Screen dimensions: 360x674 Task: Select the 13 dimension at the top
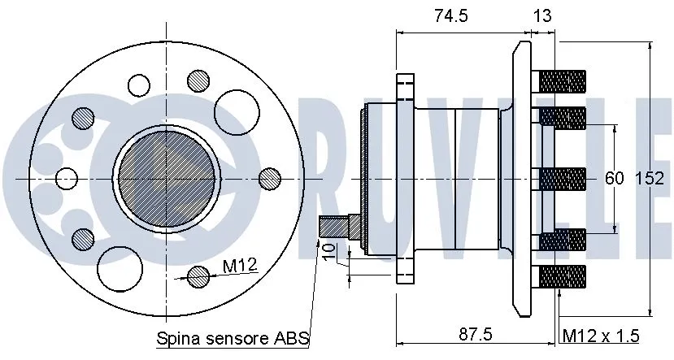[541, 16]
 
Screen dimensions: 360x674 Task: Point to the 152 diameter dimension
[649, 179]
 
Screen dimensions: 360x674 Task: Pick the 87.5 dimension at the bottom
[473, 334]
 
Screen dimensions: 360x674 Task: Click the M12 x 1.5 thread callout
[600, 335]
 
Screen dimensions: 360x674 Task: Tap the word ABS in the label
[294, 337]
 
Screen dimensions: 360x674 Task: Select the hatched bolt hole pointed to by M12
[198, 276]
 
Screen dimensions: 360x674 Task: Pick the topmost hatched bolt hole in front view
[198, 79]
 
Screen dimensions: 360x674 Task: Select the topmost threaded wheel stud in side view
[562, 81]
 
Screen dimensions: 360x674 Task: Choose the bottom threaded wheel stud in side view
[562, 277]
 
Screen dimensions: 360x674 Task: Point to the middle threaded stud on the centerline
[562, 179]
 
